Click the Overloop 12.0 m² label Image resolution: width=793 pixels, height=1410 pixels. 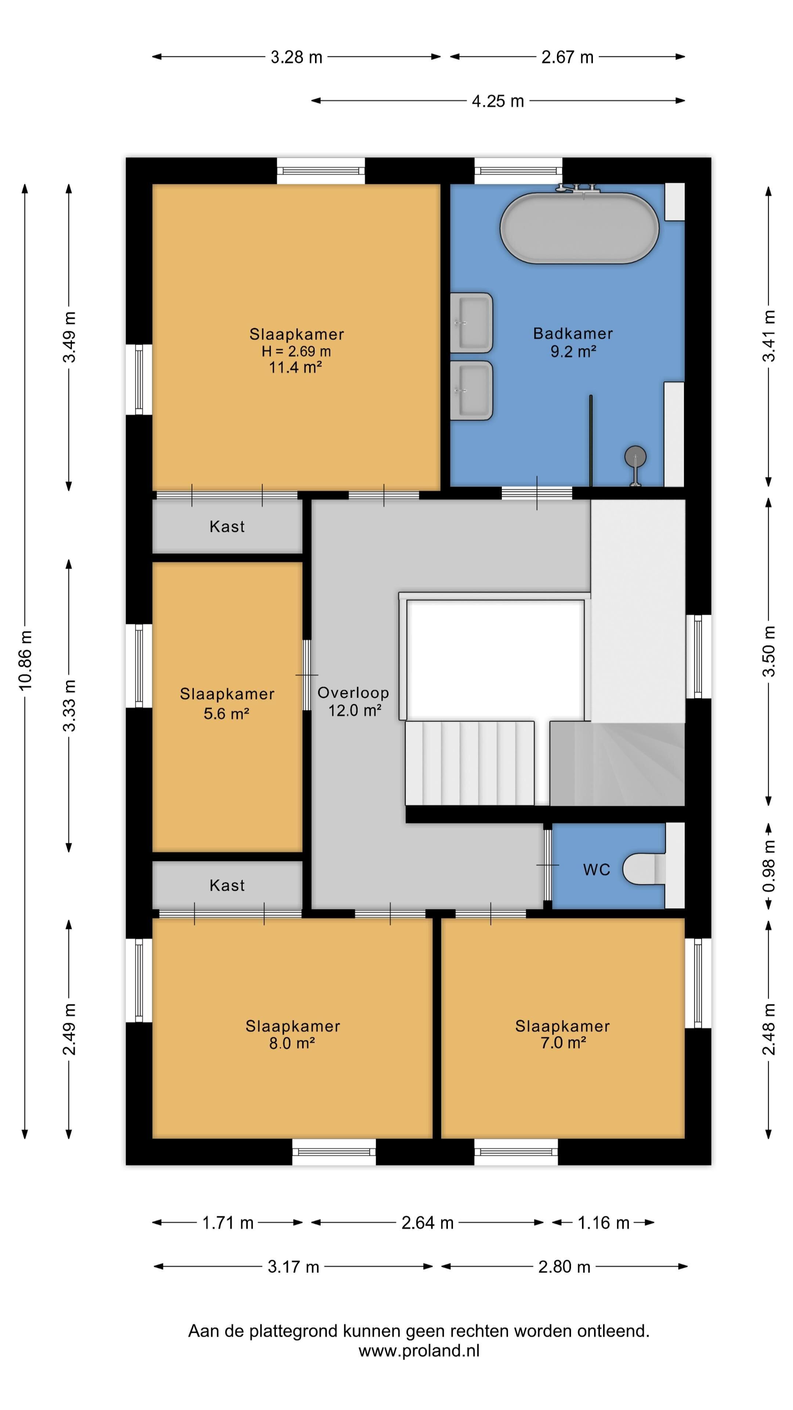point(354,701)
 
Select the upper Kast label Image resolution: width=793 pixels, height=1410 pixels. point(227,527)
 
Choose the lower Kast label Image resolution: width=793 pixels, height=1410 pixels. point(227,885)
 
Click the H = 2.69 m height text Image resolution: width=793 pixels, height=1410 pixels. point(296,351)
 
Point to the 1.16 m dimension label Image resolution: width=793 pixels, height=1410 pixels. point(604,1223)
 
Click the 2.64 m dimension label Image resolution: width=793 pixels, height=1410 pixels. point(427,1223)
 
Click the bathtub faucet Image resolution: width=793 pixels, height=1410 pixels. point(578,189)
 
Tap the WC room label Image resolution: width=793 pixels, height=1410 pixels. point(597,870)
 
